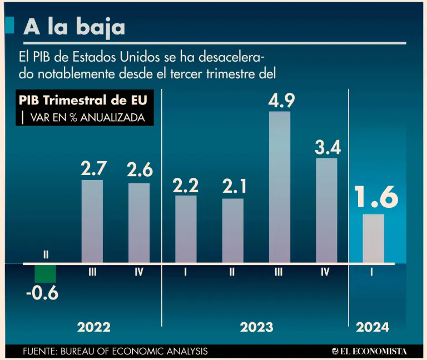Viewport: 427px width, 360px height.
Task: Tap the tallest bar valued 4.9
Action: [x=280, y=187]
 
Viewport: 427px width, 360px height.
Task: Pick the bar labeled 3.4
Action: [x=326, y=210]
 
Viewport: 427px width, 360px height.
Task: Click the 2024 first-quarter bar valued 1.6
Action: [x=373, y=238]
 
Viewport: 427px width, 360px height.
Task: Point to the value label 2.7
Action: [x=93, y=168]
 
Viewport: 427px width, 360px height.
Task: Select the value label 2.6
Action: [x=140, y=171]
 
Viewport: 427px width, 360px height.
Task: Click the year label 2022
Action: [x=93, y=327]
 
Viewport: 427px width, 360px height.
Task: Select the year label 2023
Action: [x=256, y=327]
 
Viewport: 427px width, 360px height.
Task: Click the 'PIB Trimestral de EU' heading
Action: [x=83, y=101]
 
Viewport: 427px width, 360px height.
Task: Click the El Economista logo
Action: [x=369, y=351]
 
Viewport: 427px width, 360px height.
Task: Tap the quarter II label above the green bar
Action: [x=46, y=254]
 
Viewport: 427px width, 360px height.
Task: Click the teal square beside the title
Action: [x=9, y=25]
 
